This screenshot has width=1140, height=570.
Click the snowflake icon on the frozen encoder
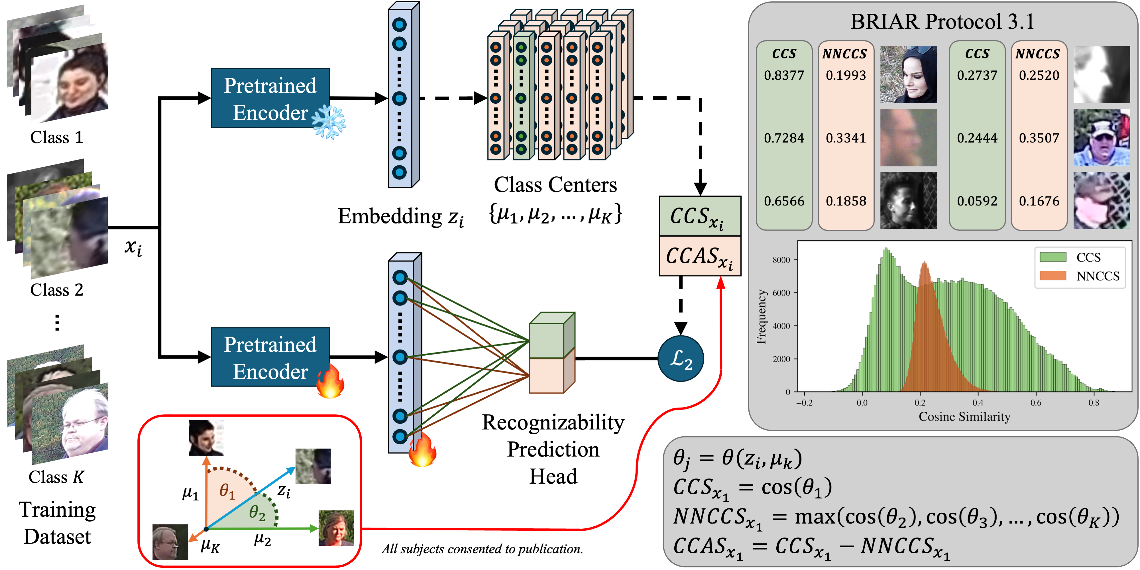coord(329,122)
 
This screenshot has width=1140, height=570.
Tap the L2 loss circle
coord(681,359)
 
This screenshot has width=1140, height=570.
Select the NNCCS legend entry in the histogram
coord(1098,276)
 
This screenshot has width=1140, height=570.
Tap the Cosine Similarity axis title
coord(964,417)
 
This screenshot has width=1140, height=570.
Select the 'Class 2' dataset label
coord(57,290)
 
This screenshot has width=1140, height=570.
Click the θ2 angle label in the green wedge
coord(257,512)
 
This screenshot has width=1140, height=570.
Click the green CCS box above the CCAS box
coord(700,216)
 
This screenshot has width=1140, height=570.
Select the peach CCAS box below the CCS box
coord(700,256)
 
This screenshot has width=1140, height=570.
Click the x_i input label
coord(133,247)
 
